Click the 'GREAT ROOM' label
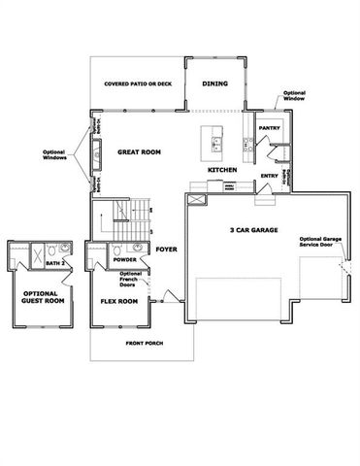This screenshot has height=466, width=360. pyautogui.click(x=139, y=152)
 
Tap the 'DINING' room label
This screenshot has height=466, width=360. pyautogui.click(x=215, y=83)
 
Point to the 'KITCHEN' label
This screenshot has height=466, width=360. pyautogui.click(x=222, y=171)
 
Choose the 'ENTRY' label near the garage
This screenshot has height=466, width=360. pyautogui.click(x=271, y=176)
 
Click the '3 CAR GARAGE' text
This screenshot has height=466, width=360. pyautogui.click(x=254, y=230)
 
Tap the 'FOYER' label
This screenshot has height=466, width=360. pyautogui.click(x=166, y=248)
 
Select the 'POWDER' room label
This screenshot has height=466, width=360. pyautogui.click(x=124, y=260)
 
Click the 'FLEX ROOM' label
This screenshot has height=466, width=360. pyautogui.click(x=119, y=301)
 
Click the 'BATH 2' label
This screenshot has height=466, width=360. pyautogui.click(x=55, y=263)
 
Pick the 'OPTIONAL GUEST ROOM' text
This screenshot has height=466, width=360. pyautogui.click(x=41, y=298)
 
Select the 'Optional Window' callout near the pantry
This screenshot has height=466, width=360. pyautogui.click(x=295, y=98)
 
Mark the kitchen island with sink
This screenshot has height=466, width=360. pyautogui.click(x=214, y=142)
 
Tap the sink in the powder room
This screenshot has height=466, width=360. pyautogui.click(x=140, y=249)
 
